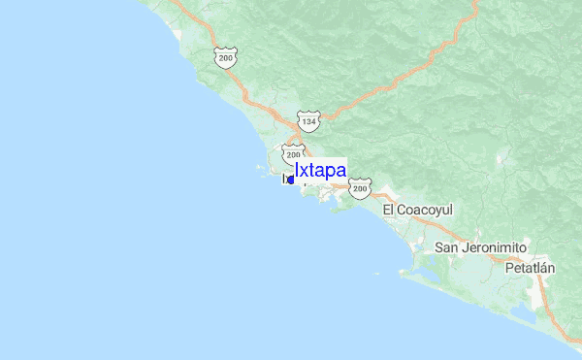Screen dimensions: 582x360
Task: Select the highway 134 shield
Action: (x=308, y=121)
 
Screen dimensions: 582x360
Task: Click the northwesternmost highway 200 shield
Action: (x=226, y=59)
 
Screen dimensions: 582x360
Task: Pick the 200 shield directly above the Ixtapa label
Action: (x=294, y=154)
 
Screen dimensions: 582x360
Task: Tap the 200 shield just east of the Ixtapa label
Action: (x=360, y=187)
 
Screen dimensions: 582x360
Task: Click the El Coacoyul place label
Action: (x=418, y=210)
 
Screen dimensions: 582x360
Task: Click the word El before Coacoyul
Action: (x=389, y=210)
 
